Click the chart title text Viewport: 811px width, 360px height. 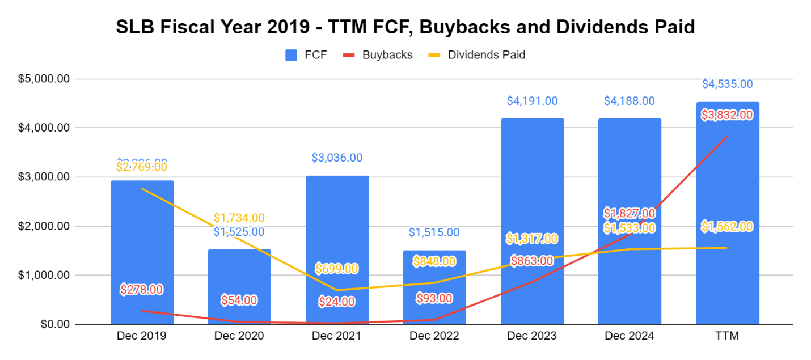coord(405,27)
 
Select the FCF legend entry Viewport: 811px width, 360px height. coord(306,55)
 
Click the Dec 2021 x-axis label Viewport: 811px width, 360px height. coord(337,336)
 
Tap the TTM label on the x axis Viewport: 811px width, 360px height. coord(727,336)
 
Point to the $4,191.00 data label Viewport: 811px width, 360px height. coord(532,101)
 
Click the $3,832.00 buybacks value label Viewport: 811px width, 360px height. coord(727,115)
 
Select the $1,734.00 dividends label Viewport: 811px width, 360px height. coord(239,218)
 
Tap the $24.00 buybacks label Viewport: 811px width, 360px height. coord(337,302)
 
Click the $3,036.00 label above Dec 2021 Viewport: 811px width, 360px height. coord(337,158)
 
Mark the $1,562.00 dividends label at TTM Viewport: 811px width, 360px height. coord(727,227)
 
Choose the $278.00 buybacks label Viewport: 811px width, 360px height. coord(142,290)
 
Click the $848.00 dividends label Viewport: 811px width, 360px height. coord(434,261)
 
